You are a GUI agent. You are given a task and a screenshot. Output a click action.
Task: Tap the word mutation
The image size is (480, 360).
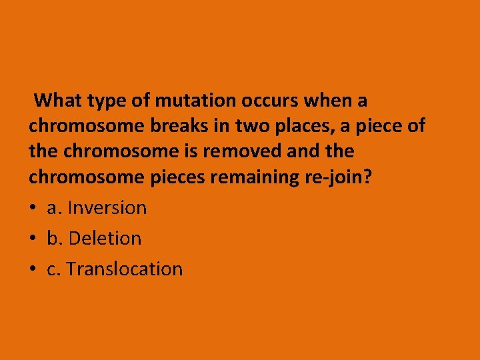coord(195,101)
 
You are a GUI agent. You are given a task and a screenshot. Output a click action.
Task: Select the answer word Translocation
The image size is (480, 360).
coord(124,269)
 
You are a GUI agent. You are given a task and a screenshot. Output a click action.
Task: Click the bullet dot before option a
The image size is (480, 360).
coord(33,208)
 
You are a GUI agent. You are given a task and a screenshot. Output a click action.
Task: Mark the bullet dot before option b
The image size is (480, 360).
coord(33,239)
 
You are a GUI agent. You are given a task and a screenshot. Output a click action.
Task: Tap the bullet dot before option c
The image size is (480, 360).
coord(33,269)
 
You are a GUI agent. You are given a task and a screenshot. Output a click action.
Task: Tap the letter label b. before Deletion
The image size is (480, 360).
coord(55,238)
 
